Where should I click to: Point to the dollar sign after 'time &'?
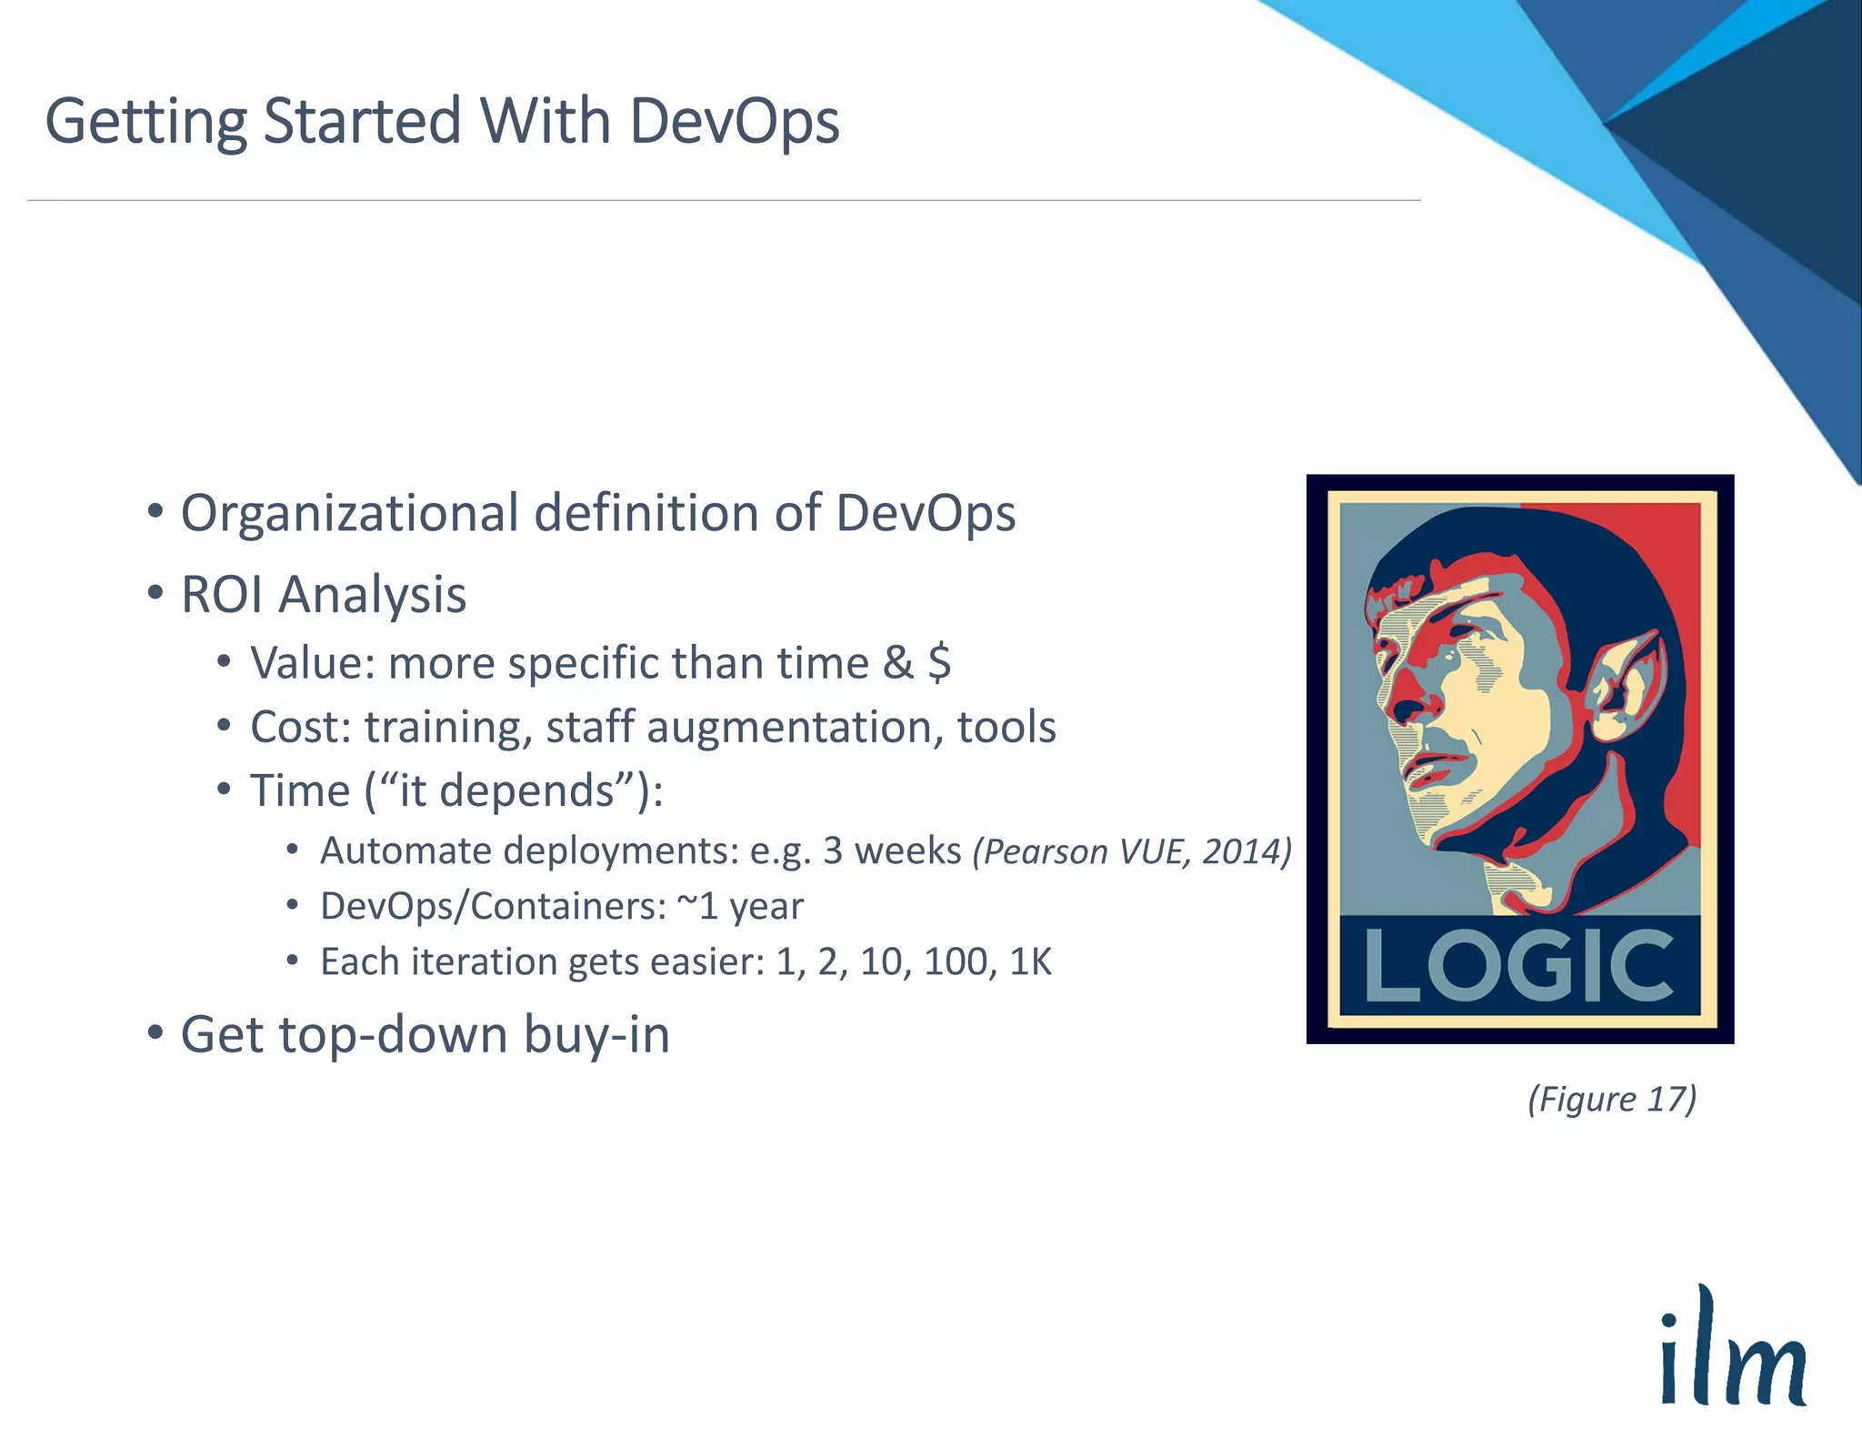939,662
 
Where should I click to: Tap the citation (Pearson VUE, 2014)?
1132,852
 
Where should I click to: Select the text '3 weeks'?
892,851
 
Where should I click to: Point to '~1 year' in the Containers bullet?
741,907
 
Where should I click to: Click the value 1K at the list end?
1030,962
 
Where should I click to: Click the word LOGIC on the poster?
1519,965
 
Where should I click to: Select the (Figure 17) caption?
1612,1099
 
